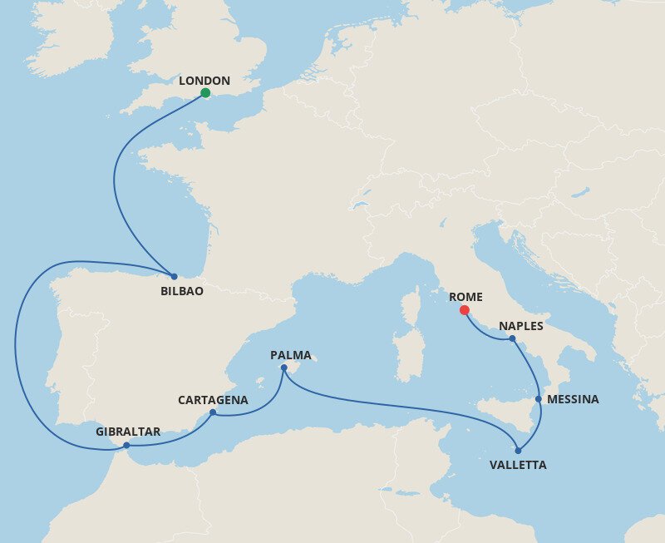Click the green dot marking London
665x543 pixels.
pos(205,93)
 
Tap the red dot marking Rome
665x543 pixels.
pos(464,310)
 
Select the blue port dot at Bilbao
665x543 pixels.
pos(174,276)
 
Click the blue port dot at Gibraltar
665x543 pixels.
pos(126,446)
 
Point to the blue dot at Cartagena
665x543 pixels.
pos(213,412)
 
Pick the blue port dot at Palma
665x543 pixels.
pos(283,368)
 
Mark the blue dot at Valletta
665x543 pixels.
pos(518,451)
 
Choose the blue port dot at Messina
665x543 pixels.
pos(539,399)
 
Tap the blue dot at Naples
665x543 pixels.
pos(512,338)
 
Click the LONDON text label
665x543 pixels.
pos(204,81)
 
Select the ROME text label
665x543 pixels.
pos(465,297)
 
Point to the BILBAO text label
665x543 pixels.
pos(182,292)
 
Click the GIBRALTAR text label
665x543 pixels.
pos(128,432)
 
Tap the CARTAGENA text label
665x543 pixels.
pos(213,400)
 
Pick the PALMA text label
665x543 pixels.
pos(291,356)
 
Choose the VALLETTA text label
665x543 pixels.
pos(518,465)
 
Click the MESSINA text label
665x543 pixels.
pos(574,399)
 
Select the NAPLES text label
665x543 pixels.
pos(521,325)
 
